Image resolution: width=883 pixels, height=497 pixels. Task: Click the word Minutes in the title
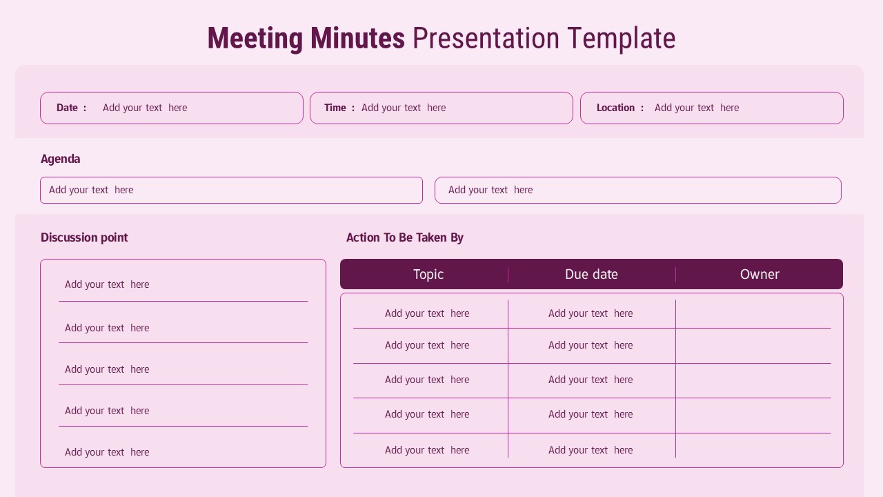pyautogui.click(x=357, y=39)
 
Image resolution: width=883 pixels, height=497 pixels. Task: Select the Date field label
pyautogui.click(x=68, y=108)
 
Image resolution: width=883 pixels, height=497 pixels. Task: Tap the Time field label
pyautogui.click(x=335, y=108)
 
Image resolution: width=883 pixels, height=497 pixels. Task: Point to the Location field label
pyautogui.click(x=615, y=108)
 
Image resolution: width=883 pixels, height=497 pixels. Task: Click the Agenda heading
pyautogui.click(x=61, y=159)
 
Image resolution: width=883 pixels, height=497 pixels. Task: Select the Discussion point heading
pyautogui.click(x=84, y=237)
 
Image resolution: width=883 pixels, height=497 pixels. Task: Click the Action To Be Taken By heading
pyautogui.click(x=405, y=237)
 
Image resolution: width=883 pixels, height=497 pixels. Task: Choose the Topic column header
pyautogui.click(x=428, y=274)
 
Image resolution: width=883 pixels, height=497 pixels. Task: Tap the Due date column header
pyautogui.click(x=591, y=274)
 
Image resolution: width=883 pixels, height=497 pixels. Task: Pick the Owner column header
pyautogui.click(x=760, y=274)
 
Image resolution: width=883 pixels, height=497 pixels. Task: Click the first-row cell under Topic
pyautogui.click(x=427, y=313)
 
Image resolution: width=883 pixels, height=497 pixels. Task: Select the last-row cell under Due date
pyautogui.click(x=591, y=450)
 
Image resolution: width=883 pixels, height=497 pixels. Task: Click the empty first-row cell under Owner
pyautogui.click(x=753, y=313)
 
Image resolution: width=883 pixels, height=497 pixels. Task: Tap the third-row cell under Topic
pyautogui.click(x=427, y=380)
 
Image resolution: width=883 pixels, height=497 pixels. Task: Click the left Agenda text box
pyautogui.click(x=231, y=190)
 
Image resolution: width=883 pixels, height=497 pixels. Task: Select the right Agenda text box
pyautogui.click(x=637, y=190)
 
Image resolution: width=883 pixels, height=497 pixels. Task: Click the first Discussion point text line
pyautogui.click(x=107, y=284)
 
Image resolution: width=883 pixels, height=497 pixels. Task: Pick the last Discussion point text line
pyautogui.click(x=107, y=452)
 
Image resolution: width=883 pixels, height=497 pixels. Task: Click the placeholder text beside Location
pyautogui.click(x=697, y=108)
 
